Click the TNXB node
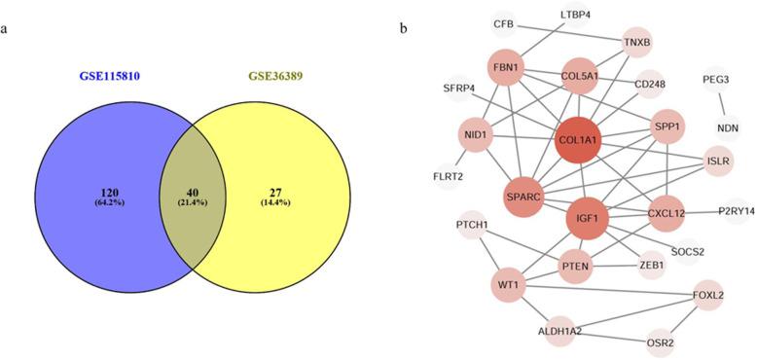637,42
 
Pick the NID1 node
474,136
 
